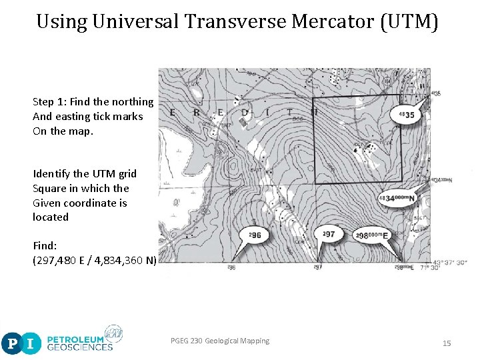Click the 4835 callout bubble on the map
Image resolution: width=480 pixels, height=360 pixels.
406,115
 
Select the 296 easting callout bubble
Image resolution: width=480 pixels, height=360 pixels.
255,235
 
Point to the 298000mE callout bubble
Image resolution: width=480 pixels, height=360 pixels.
372,235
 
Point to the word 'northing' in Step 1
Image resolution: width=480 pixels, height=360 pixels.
133,102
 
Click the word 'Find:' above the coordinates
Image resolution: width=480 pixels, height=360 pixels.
45,246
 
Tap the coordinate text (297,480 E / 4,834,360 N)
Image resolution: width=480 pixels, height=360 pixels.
95,261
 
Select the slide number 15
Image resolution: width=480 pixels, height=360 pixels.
447,343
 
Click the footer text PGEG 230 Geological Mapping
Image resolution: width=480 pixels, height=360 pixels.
220,341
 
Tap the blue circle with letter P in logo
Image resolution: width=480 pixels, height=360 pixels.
11,344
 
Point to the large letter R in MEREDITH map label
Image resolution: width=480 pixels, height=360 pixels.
196,113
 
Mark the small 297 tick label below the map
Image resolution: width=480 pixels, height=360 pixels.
318,267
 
